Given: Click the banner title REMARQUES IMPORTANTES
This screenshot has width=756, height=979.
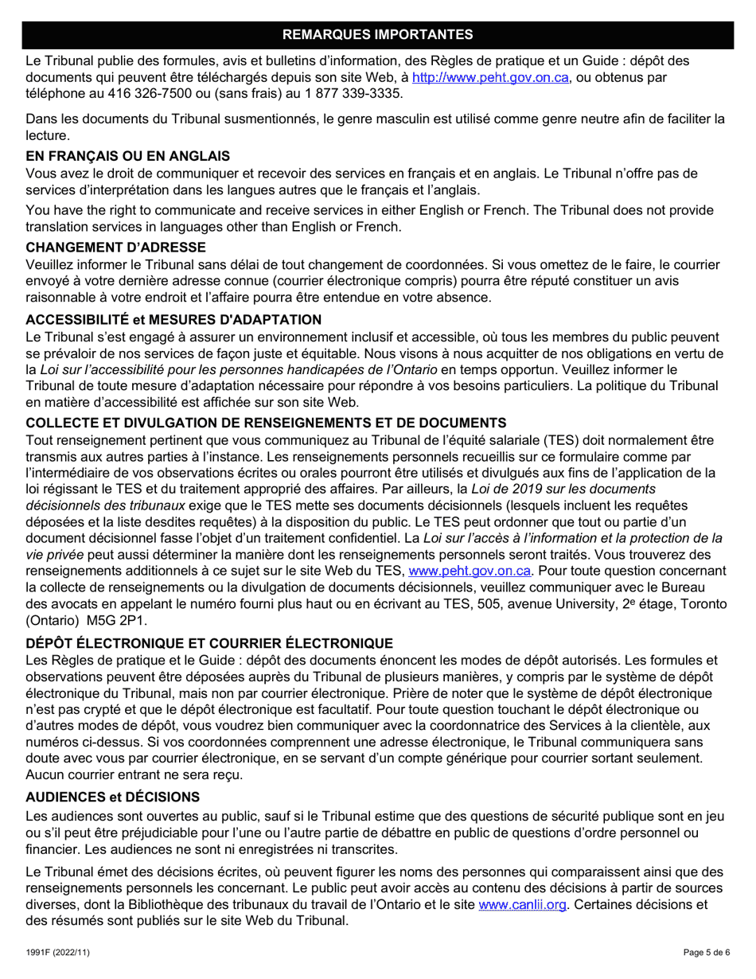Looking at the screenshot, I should [x=377, y=34].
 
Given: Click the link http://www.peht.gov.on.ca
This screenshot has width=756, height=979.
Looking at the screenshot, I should [x=490, y=78].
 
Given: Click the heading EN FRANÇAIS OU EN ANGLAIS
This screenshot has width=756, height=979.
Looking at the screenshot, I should [x=128, y=156].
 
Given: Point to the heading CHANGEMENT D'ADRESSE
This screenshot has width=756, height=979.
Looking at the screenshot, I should [x=116, y=248].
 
